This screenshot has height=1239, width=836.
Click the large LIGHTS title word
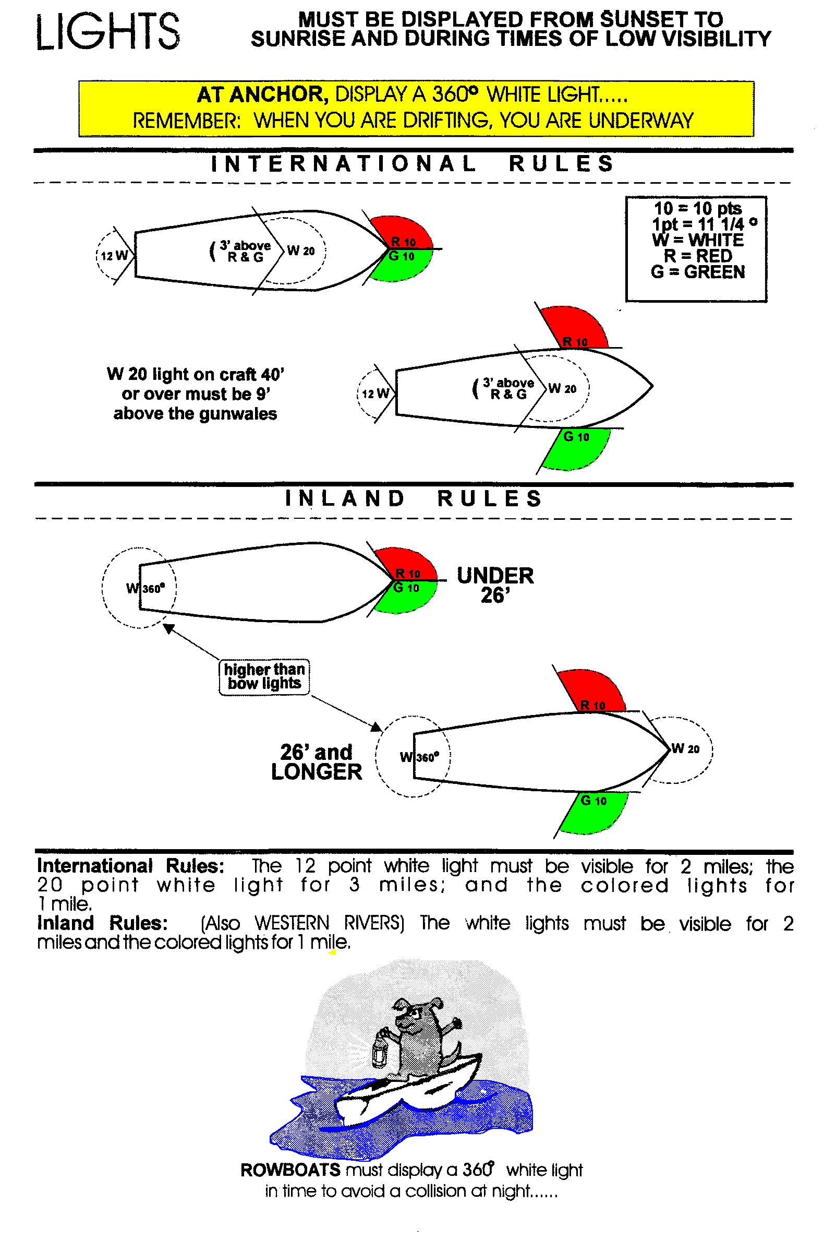(107, 32)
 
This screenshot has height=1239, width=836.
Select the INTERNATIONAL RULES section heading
(413, 164)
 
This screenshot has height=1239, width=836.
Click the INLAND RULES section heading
(413, 498)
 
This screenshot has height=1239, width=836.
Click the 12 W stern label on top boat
(115, 255)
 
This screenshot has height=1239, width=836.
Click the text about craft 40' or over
(195, 394)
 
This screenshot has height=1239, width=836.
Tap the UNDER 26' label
(494, 585)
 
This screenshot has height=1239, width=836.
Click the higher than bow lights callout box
(264, 676)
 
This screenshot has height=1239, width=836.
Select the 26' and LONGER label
(316, 762)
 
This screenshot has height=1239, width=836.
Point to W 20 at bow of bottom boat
(685, 748)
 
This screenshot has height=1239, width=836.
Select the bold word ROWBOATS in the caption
(290, 1170)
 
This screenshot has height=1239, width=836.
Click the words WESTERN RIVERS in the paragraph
(329, 922)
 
